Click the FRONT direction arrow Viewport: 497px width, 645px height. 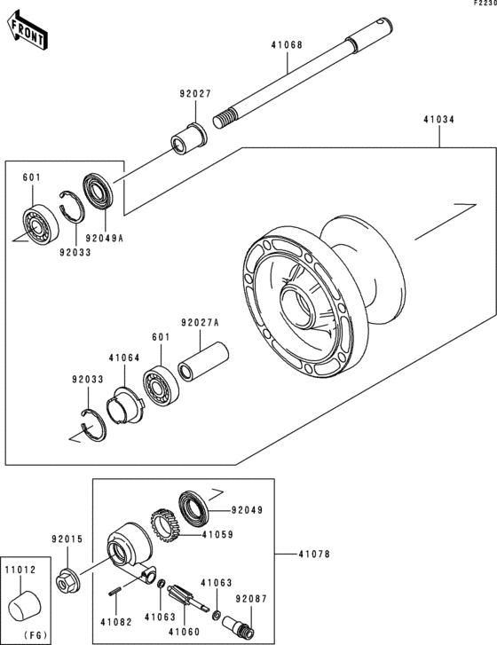pos(28,31)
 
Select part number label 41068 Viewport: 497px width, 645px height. pos(287,44)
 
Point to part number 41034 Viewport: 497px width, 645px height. pos(439,120)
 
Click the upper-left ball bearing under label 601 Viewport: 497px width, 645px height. pos(40,224)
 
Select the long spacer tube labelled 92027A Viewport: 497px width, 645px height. pos(203,361)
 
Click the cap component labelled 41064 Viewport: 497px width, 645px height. pos(124,406)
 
